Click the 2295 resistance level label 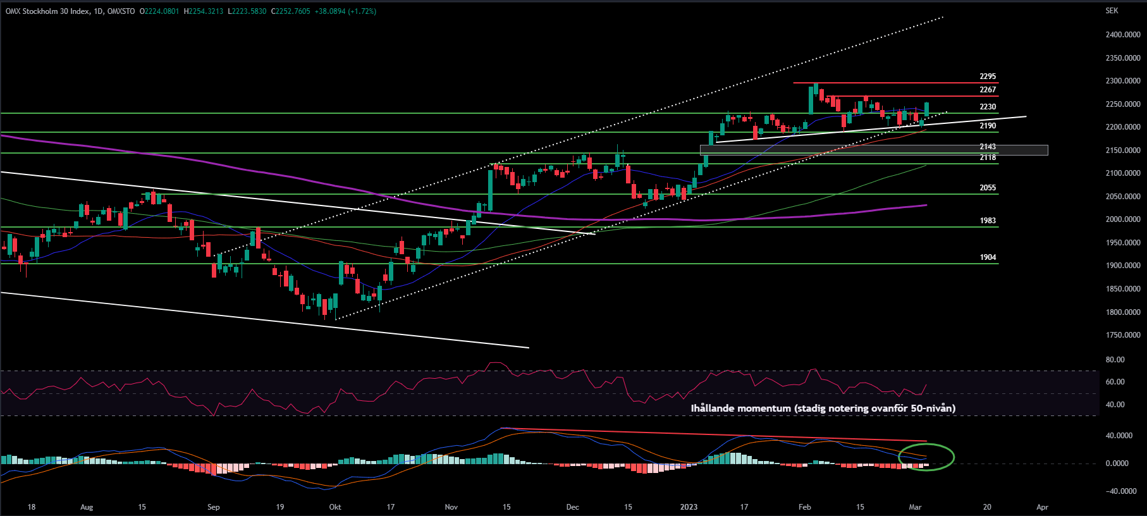tap(988, 77)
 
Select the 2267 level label tap(988, 90)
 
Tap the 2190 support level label tap(988, 126)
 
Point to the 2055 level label tap(988, 188)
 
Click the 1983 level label tap(988, 221)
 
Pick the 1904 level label tap(988, 257)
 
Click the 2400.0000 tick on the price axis tap(1123, 35)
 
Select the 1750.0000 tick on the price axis tap(1123, 335)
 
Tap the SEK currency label tap(1112, 11)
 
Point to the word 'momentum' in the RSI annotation tap(764, 408)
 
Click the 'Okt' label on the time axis tap(335, 507)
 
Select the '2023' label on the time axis tap(689, 507)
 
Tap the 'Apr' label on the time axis tap(1043, 507)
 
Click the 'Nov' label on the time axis tap(451, 507)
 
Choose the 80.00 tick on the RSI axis tap(1115, 360)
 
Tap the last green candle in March tap(926, 109)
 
